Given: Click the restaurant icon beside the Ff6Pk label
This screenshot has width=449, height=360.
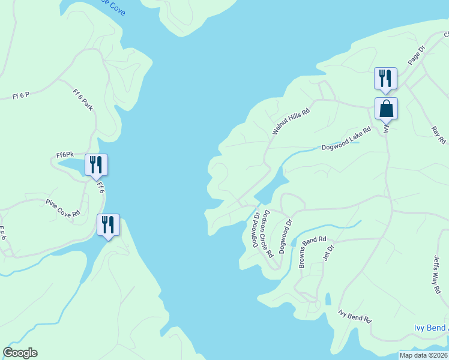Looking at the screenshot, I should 96,165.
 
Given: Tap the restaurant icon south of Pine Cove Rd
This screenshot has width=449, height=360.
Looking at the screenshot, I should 108,225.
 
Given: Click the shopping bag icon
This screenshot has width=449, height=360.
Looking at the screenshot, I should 385,109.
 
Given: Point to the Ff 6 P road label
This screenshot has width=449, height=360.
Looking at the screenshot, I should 21,95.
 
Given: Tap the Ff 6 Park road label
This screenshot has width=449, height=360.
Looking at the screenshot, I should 82,100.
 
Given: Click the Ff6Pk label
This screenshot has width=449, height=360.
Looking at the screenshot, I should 65,155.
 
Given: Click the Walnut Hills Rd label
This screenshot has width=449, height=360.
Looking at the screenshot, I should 291,121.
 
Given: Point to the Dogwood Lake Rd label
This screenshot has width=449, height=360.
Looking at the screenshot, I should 346,139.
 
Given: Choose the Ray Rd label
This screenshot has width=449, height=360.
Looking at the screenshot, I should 439,135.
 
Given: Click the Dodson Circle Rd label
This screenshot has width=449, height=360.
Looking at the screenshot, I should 268,233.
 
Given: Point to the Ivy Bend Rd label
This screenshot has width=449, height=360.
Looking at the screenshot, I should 355,316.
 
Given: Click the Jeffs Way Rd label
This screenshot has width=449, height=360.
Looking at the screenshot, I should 437,275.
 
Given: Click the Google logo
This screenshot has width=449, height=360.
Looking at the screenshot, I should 20,353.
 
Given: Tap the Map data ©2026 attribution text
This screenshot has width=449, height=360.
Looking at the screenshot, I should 423,355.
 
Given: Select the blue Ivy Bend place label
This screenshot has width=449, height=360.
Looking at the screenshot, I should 431,328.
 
